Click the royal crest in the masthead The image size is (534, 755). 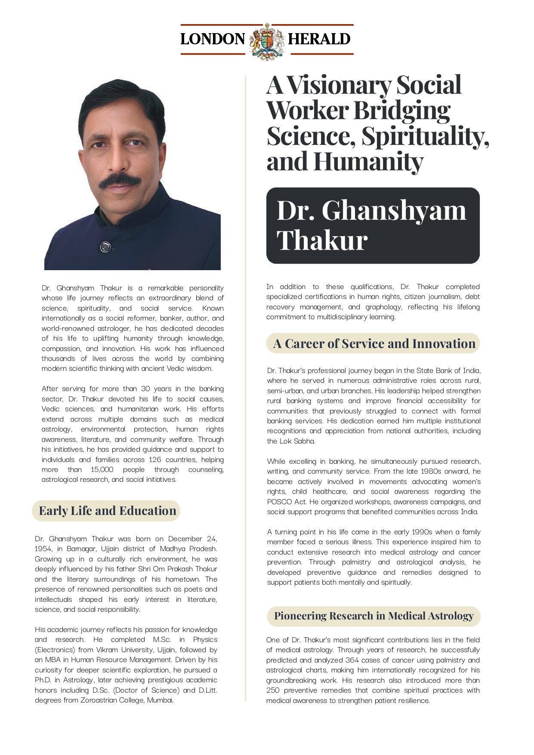point(267,40)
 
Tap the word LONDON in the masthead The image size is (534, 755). point(213,39)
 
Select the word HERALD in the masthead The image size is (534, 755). point(319,39)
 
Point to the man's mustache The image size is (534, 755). point(120,181)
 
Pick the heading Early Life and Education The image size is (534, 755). point(107,511)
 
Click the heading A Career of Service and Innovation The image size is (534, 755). point(374,344)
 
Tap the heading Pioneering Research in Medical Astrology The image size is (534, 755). point(373,616)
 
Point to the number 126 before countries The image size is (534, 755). point(155,459)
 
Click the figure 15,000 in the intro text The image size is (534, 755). point(102,469)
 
